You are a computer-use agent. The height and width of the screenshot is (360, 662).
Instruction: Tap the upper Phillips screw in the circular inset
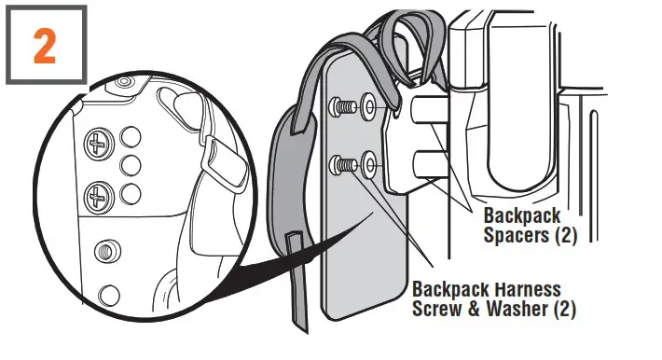pos(96,143)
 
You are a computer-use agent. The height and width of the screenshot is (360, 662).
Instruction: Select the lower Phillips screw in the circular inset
pos(97,196)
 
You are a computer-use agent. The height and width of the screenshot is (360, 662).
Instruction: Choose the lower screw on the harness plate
pos(345,166)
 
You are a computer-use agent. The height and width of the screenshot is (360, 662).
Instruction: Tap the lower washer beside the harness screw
pos(368,165)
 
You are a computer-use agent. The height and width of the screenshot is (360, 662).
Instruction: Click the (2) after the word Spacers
pos(563,236)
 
